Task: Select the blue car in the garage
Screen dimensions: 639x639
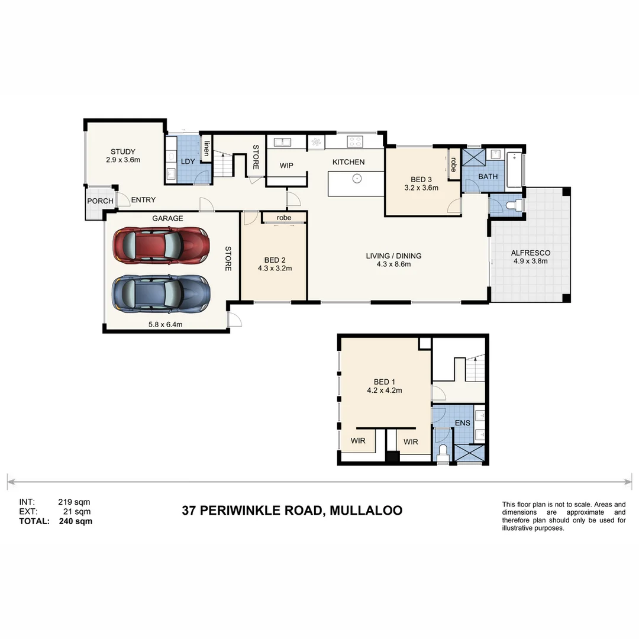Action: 161,294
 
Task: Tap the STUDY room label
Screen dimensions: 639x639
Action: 123,151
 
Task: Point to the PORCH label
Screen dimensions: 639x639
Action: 100,201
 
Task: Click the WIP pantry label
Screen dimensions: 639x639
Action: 286,166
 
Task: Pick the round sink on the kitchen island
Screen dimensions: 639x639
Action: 357,179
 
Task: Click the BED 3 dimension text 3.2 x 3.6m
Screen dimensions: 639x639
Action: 421,188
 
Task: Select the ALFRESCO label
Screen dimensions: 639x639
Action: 531,253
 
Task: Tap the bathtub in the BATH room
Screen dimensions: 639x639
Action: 515,170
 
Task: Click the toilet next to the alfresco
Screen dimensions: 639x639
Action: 515,205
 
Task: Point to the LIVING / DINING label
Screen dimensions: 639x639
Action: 393,256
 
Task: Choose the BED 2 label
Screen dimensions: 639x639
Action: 275,260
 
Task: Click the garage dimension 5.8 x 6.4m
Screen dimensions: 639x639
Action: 165,324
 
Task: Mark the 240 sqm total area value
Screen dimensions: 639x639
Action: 75,521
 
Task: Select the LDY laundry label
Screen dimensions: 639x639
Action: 188,162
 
